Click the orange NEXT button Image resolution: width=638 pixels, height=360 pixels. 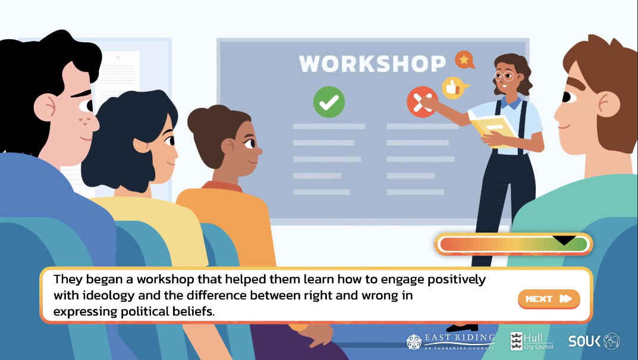549,299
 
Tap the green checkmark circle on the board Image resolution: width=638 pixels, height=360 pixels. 329,102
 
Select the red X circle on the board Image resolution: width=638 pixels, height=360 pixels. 422,102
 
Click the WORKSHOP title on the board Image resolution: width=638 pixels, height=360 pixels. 372,64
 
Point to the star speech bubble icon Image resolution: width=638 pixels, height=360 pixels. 464,60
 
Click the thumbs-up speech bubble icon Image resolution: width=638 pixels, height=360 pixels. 454,87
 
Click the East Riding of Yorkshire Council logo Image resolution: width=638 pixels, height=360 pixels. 451,342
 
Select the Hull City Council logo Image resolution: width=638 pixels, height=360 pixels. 532,342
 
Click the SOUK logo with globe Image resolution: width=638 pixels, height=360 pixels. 594,341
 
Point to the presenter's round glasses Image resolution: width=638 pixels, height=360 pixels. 504,76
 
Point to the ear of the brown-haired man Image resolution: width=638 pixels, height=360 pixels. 608,105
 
